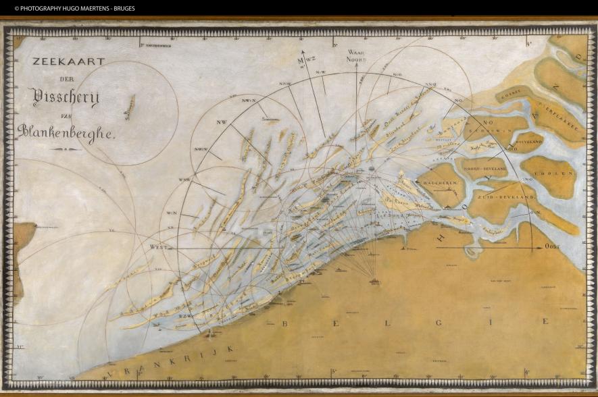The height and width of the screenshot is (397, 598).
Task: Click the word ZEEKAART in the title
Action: point(69,61)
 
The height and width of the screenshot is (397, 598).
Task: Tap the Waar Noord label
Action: point(356,55)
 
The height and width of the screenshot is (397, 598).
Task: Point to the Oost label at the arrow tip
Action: point(553,246)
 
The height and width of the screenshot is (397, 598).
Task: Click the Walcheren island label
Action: point(441,183)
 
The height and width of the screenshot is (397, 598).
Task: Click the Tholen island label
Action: point(556,173)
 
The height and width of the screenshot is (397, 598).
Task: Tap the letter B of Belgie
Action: point(284,323)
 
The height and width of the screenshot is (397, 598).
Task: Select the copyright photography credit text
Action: point(74,8)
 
